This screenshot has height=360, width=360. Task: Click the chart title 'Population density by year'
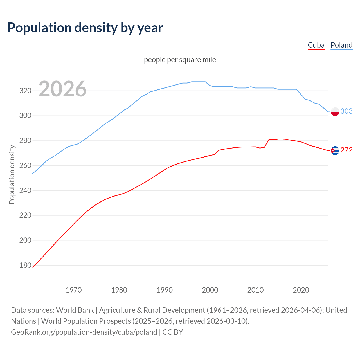click(x=85, y=28)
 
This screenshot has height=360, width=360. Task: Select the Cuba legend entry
click(x=316, y=45)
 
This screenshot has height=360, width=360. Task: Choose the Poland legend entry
click(x=341, y=45)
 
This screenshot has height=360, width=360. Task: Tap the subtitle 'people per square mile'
click(x=180, y=60)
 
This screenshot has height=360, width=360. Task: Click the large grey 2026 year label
click(x=62, y=89)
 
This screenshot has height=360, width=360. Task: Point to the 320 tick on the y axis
click(x=25, y=91)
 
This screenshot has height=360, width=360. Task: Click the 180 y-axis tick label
click(x=25, y=265)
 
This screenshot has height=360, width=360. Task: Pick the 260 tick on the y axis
click(x=25, y=165)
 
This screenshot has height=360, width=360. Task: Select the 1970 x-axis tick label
click(x=74, y=290)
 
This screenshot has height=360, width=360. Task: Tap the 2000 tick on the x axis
click(x=210, y=290)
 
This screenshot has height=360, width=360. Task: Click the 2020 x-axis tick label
click(x=301, y=290)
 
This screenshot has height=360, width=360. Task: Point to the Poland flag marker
click(x=335, y=112)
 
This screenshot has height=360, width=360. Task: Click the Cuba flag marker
click(x=335, y=150)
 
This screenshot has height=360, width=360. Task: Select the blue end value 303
click(x=346, y=111)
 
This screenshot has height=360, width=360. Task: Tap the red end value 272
click(x=346, y=150)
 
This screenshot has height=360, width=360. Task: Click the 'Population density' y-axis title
click(x=12, y=174)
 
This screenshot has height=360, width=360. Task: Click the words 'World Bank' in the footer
click(x=75, y=310)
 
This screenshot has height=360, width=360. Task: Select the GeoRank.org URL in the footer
click(x=84, y=332)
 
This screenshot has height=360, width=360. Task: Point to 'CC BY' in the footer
click(x=173, y=332)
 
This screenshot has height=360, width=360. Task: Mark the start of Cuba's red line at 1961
click(x=33, y=267)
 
